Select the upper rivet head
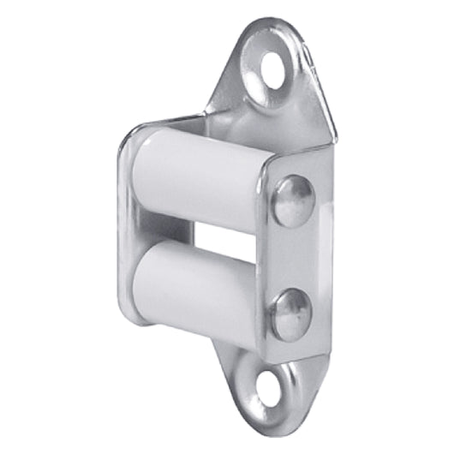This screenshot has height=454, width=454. click(x=294, y=200)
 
